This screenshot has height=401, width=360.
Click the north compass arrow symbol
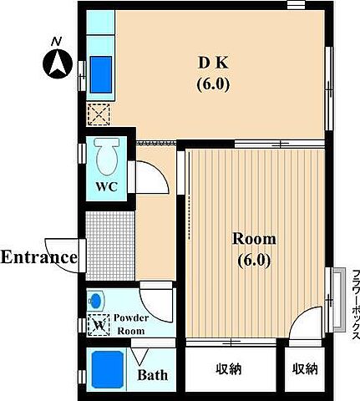tap(58, 63)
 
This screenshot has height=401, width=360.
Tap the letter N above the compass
tap(56, 42)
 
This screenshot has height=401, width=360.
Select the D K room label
tap(213, 63)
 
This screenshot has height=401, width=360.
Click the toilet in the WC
tap(107, 156)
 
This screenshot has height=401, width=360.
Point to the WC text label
tap(106, 186)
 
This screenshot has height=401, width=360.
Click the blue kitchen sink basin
tap(101, 74)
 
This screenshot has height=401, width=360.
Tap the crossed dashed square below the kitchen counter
tap(99, 114)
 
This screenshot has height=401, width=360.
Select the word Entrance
tap(39, 257)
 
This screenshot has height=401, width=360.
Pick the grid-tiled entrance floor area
tap(110, 246)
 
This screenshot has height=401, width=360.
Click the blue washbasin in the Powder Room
tap(95, 301)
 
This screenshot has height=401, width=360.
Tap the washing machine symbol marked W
tap(99, 325)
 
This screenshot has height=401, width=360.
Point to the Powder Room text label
tap(131, 324)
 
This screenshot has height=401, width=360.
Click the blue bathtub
tap(108, 369)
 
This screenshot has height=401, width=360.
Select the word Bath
tap(153, 375)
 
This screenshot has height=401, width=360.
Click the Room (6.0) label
tap(254, 250)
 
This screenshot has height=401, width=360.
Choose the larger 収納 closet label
tap(229, 369)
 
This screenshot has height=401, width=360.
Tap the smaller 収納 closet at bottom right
tap(305, 369)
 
